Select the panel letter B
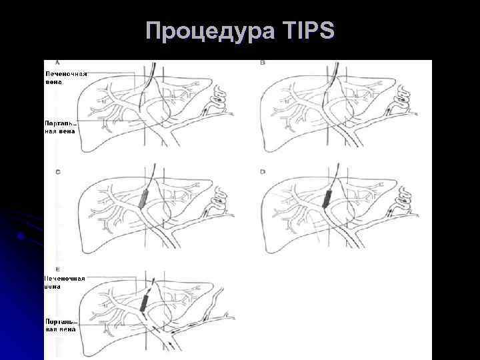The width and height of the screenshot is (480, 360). click(x=262, y=63)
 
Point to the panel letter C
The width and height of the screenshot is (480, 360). click(x=58, y=172)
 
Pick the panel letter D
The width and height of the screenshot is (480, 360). click(x=262, y=172)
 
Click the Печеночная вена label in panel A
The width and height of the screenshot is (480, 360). click(x=65, y=78)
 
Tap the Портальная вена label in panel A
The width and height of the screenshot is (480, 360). click(x=61, y=127)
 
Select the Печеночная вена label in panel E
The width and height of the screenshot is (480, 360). click(x=65, y=282)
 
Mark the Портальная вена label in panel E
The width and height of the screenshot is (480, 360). click(x=61, y=325)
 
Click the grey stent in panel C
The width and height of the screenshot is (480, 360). click(x=145, y=198)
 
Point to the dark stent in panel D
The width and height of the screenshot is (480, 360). click(x=327, y=199)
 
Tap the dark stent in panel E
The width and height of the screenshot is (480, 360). click(x=144, y=302)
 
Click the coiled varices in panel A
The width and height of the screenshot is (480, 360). click(x=218, y=104)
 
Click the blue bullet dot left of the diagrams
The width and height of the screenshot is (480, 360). click(x=22, y=236)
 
